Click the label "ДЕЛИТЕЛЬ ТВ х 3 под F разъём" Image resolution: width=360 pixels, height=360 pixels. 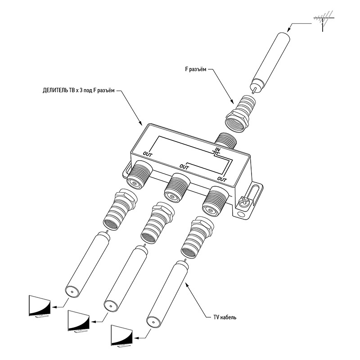(79, 90)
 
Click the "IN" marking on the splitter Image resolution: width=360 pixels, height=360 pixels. (216, 149)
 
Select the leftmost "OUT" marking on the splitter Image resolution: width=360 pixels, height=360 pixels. (148, 153)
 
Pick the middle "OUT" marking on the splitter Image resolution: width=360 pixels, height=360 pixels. (184, 166)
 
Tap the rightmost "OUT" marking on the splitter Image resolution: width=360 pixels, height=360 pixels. (221, 179)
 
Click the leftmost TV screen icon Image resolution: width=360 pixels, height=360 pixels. (39, 306)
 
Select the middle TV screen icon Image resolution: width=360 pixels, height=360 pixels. (79, 321)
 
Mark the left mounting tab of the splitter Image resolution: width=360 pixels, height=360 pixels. (126, 170)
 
